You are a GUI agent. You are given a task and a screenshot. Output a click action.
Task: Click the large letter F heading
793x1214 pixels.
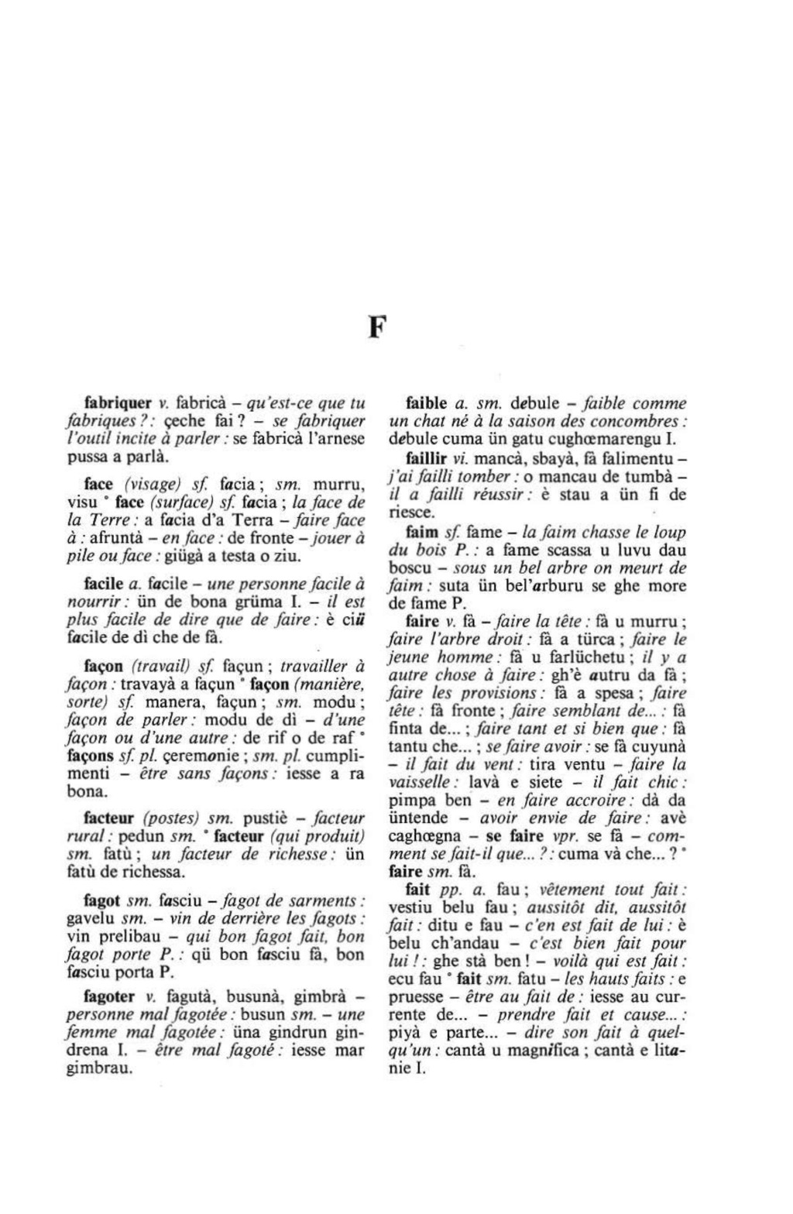coord(376,328)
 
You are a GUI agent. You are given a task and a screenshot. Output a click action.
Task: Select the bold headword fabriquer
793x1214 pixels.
coord(117,403)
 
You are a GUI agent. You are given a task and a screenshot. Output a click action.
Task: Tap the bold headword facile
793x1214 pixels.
coord(104,583)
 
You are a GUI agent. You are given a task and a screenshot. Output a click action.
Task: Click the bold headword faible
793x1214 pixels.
coord(427,403)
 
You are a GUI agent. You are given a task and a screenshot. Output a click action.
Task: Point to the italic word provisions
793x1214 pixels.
coord(499,694)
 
